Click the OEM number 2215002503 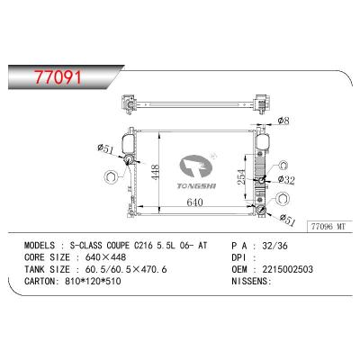coord(307,268)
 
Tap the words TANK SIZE coord(49,268)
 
